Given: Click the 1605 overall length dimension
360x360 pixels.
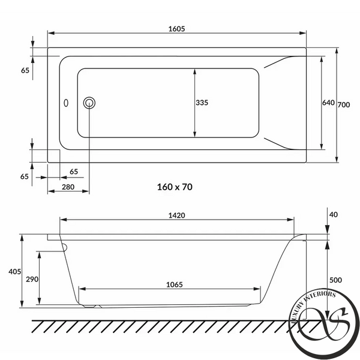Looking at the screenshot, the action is [x=176, y=29].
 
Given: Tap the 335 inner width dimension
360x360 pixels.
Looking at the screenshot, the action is [x=202, y=103].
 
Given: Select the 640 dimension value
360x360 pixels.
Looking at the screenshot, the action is [x=328, y=103].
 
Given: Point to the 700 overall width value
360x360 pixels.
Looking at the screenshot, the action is [x=344, y=104].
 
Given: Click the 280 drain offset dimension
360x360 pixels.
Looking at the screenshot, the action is [x=68, y=187].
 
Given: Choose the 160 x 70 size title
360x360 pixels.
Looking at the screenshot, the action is [x=175, y=187].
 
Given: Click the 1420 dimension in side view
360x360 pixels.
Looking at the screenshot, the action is [x=176, y=215].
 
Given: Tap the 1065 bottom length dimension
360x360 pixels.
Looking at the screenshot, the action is [x=175, y=284].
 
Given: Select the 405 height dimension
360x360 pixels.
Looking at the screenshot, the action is [x=14, y=272].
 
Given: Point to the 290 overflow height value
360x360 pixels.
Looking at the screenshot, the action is [x=32, y=280].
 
